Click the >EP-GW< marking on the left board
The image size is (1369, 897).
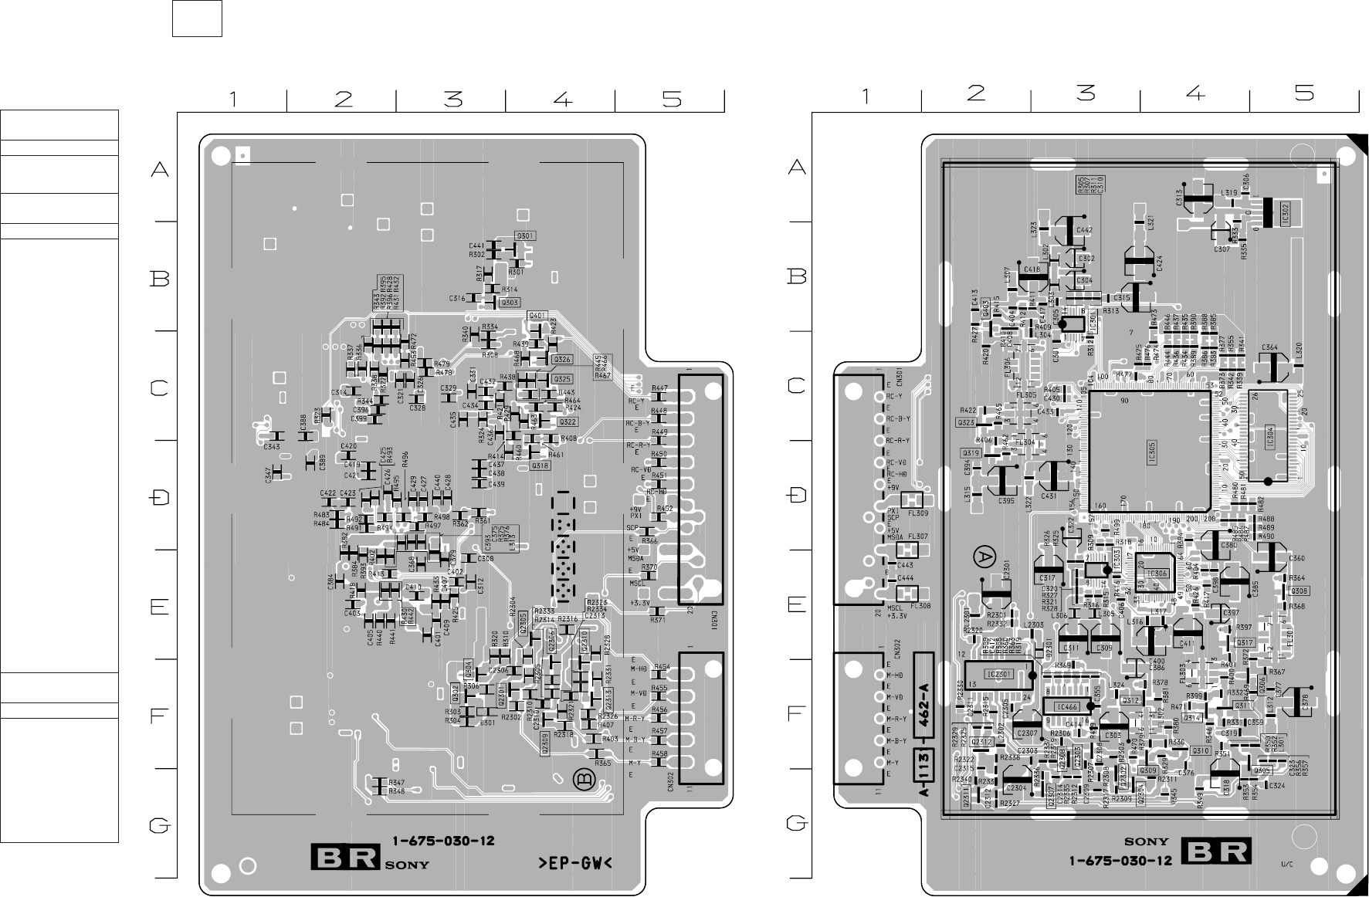(x=574, y=862)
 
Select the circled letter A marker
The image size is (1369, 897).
(x=983, y=555)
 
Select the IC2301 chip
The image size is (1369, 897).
(x=999, y=675)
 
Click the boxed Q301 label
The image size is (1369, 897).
(x=525, y=235)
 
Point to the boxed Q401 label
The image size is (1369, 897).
(x=537, y=315)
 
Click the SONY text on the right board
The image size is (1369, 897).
(x=1146, y=841)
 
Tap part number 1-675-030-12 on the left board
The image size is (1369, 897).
(x=443, y=841)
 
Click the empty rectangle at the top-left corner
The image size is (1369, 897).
(x=197, y=19)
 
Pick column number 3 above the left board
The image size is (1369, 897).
(x=452, y=100)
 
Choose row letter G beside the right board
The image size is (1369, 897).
(x=797, y=824)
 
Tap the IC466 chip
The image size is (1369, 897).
(x=1067, y=706)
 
